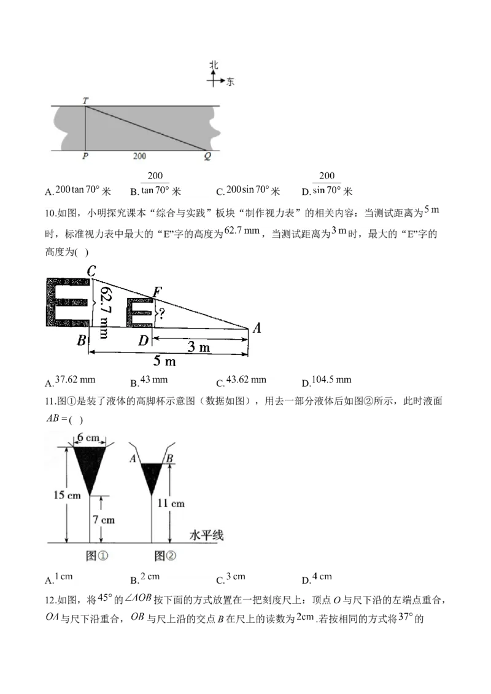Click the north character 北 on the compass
[x=214, y=66]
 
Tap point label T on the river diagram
[x=85, y=101]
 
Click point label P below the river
[x=85, y=156]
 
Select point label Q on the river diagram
[x=207, y=156]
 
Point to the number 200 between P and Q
[x=139, y=156]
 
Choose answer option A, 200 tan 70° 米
[x=78, y=191]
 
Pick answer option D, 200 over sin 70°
[x=327, y=184]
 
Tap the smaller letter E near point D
[x=139, y=313]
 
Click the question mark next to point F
[x=162, y=314]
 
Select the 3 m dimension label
[x=198, y=346]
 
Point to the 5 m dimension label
[x=164, y=361]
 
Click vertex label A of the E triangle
[x=257, y=328]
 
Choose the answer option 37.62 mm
[x=70, y=381]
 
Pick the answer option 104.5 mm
[x=327, y=381]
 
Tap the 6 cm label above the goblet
[x=88, y=438]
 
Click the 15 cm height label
[x=67, y=495]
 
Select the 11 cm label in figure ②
[x=171, y=503]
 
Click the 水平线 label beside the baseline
[x=206, y=535]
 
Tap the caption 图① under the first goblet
[x=96, y=555]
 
